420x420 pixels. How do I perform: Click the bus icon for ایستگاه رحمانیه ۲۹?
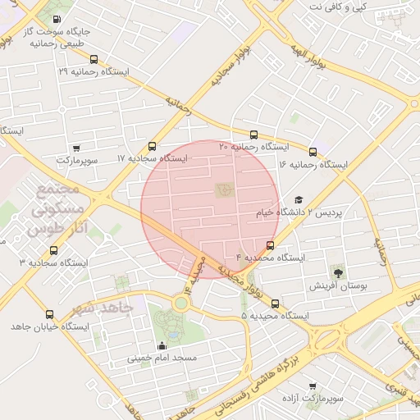coord(94,59)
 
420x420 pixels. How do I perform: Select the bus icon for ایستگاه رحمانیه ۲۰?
coord(253,135)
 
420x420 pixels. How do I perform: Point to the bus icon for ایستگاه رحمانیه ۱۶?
coord(313,152)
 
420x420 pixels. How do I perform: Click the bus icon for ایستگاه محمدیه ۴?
coord(271,245)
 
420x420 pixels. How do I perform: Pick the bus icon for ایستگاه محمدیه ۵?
coord(275,303)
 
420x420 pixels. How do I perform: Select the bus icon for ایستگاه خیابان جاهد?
coord(50,314)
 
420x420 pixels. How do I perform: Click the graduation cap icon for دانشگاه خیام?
coord(299,199)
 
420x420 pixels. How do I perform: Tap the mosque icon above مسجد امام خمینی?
coord(162,345)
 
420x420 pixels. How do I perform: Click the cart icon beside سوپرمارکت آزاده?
coord(312,385)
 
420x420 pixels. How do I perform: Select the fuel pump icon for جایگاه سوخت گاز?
coord(56,18)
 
